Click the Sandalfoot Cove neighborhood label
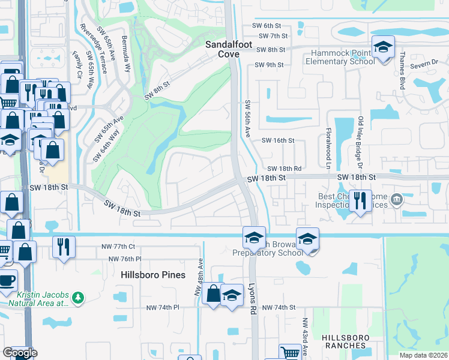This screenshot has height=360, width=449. click(222, 49)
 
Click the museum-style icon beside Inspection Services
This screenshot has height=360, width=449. click(396, 199)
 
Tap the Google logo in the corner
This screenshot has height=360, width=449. click(20, 352)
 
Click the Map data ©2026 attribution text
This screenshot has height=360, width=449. click(423, 355)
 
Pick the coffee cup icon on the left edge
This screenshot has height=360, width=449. click(7, 281)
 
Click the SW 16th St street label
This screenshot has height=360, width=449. click(278, 140)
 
